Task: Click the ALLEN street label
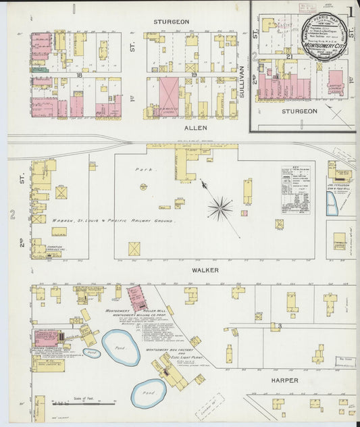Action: [191, 127]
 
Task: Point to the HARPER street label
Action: [284, 380]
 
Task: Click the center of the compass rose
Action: [220, 207]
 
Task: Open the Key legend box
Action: [295, 181]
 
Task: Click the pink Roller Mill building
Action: [139, 298]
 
